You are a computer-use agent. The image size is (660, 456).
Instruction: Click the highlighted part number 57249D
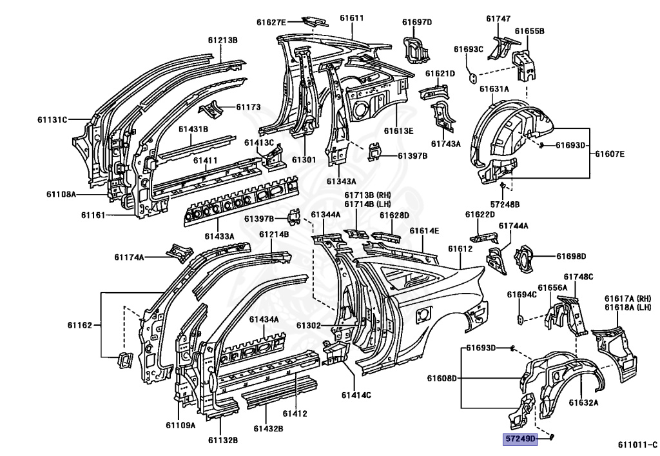pos(521,439)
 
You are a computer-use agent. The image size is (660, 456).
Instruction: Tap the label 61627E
pos(271,23)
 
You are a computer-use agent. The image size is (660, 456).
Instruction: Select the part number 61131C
pos(52,119)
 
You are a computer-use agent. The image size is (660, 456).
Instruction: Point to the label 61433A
pos(219,236)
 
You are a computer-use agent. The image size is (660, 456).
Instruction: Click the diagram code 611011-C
pos(637,444)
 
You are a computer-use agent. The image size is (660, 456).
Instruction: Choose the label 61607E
pos(610,154)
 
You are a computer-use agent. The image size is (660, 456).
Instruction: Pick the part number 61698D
pos(571,256)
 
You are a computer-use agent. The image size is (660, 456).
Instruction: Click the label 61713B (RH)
pos(367,195)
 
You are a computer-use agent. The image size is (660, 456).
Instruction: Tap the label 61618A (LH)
pos(628,307)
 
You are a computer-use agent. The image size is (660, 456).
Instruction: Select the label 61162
pos(79,324)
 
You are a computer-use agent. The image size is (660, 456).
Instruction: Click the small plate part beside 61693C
pos(473,77)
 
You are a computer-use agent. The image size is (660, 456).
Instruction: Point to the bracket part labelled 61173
pos(211,109)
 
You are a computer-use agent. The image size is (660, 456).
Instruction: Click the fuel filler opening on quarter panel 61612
pos(423,315)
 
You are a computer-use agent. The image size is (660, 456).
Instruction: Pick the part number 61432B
pos(268,429)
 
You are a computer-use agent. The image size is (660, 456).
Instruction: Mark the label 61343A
pos(341,181)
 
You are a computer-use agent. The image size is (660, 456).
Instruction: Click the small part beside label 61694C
pos(521,319)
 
